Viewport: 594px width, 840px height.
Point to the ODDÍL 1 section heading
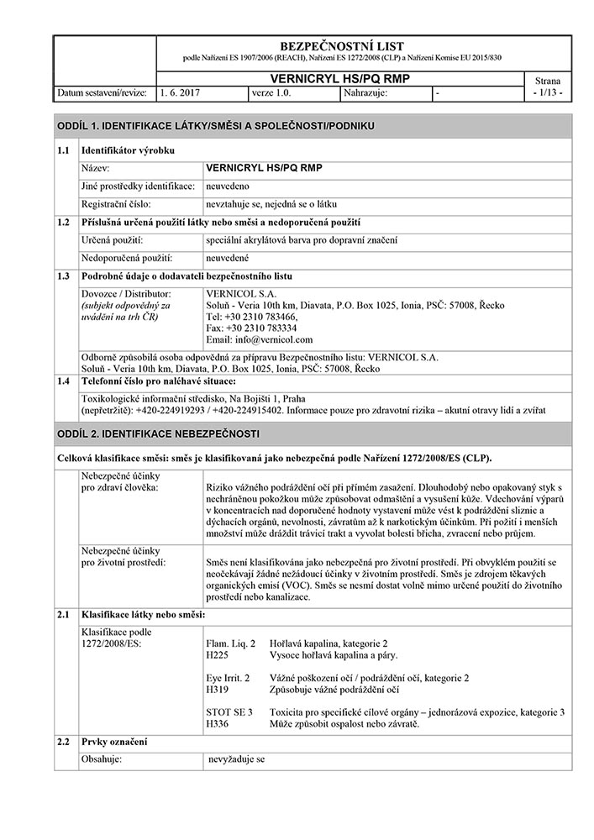coord(215,125)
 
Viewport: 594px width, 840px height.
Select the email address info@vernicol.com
coord(259,339)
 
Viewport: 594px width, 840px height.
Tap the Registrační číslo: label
coord(116,203)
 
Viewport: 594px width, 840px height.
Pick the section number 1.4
coord(62,382)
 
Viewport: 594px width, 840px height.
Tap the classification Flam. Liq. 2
coord(230,643)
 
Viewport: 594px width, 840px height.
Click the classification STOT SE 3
coord(229,711)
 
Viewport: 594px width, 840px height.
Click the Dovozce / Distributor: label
coord(126,293)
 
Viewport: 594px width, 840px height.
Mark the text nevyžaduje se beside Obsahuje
coord(237,759)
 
